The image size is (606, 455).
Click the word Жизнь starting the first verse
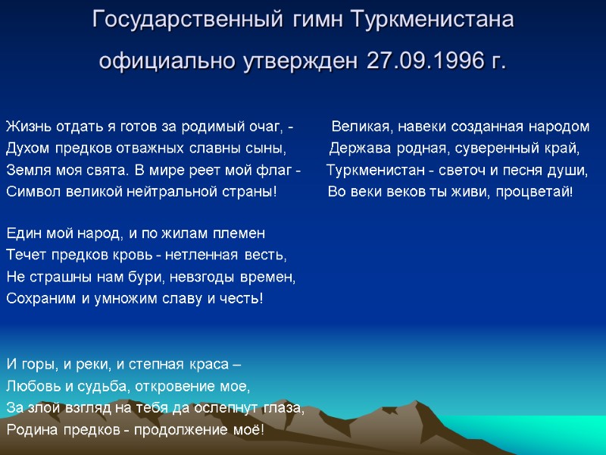(x=26, y=125)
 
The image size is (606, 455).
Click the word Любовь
(x=31, y=386)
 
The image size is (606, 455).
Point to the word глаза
(x=283, y=407)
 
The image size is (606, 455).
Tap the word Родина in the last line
(x=30, y=429)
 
